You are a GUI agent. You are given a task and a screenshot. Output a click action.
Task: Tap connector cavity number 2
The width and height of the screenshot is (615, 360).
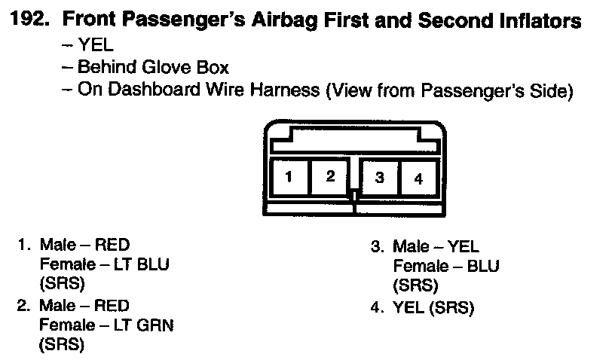tap(330, 177)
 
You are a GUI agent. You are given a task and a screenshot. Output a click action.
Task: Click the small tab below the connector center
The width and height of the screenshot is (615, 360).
tap(353, 196)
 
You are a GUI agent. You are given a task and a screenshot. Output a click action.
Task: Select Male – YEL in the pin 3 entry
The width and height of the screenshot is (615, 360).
tap(436, 246)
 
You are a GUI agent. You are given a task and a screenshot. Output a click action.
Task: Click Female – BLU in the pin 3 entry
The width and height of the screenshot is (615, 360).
tap(445, 266)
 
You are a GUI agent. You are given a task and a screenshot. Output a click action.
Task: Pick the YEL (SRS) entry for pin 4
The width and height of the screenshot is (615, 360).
tap(433, 308)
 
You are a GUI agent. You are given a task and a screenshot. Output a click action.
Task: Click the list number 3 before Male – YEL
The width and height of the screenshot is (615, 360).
tap(376, 246)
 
